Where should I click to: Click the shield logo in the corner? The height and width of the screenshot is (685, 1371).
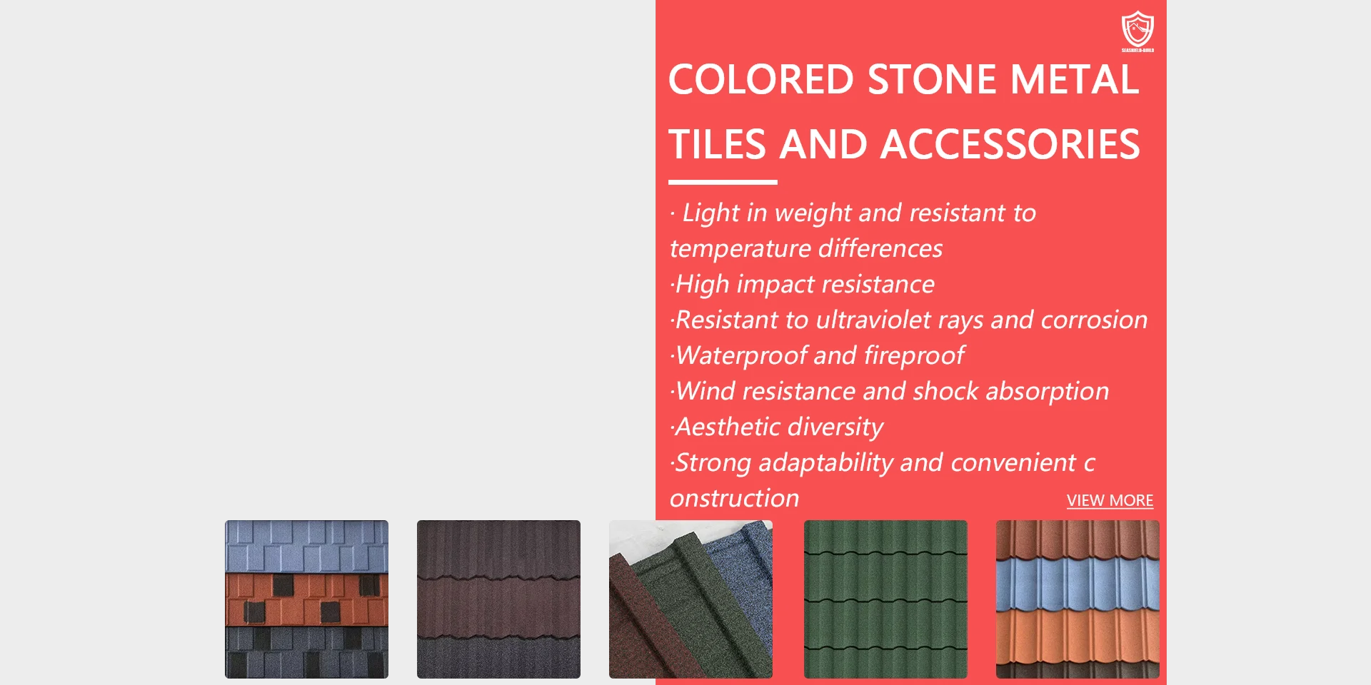[x=1138, y=31]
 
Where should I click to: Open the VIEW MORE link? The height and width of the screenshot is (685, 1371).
[x=1110, y=500]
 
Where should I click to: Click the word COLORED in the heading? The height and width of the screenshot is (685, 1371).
[x=761, y=79]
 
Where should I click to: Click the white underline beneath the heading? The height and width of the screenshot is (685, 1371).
[x=723, y=183]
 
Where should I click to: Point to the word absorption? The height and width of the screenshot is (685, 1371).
[x=1048, y=391]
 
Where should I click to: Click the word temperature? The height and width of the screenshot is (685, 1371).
[x=740, y=248]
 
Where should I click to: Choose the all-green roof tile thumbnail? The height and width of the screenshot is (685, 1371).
[x=885, y=599]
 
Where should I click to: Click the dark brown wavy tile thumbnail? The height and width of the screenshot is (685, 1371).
[x=498, y=599]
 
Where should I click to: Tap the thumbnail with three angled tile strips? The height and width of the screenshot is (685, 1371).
[x=690, y=599]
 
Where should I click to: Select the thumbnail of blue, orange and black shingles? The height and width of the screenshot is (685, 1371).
[x=306, y=599]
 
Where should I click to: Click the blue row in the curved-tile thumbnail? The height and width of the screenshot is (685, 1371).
[x=1078, y=584]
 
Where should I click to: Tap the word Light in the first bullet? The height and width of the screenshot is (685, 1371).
[x=710, y=213]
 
